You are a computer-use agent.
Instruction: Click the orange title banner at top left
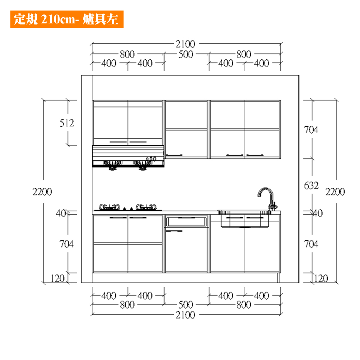click(x=67, y=19)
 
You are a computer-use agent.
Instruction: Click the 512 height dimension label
click(x=67, y=123)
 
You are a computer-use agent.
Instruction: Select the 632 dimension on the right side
click(x=311, y=185)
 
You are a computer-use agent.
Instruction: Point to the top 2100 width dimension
click(x=185, y=44)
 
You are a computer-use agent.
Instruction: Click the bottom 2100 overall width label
click(x=185, y=315)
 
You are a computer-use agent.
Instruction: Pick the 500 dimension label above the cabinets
click(x=186, y=54)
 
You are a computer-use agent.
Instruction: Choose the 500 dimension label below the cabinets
click(x=186, y=305)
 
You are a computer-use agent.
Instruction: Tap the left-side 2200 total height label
click(x=42, y=192)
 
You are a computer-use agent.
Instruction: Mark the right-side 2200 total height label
click(x=335, y=192)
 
